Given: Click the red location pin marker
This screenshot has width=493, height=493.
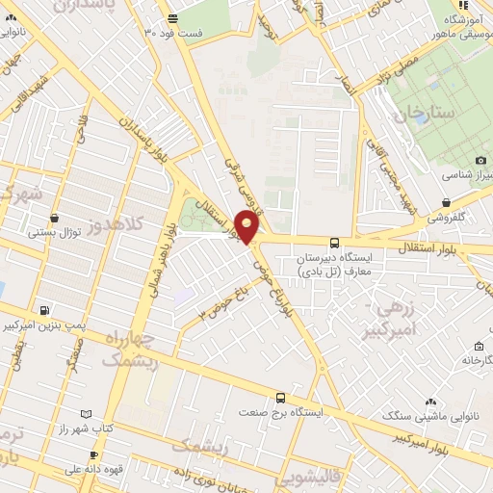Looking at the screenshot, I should pyautogui.click(x=247, y=227).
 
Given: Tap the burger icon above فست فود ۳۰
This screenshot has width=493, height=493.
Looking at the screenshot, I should pyautogui.click(x=173, y=18).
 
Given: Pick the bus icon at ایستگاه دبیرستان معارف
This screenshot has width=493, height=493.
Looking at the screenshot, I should pyautogui.click(x=334, y=243).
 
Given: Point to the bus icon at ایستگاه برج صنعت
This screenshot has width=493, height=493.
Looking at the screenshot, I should pyautogui.click(x=280, y=397).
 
